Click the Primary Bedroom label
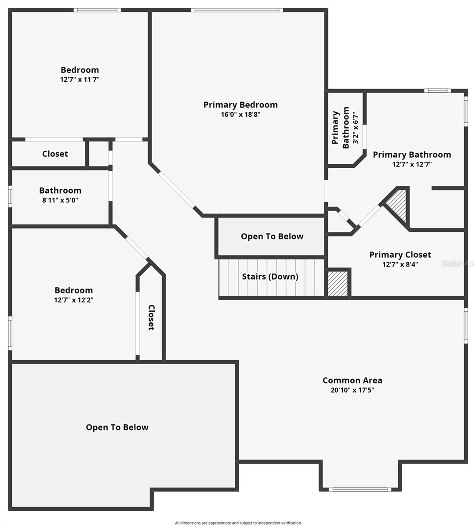tap(240, 105)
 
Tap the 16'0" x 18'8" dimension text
tap(240, 115)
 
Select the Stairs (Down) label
tap(270, 277)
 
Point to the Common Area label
tap(352, 380)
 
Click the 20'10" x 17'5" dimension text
tap(352, 390)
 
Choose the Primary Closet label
tap(400, 255)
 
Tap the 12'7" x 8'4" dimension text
tap(400, 264)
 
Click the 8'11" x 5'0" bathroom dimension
tap(60, 200)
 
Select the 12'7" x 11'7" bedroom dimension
tap(80, 79)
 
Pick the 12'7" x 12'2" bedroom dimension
tap(74, 300)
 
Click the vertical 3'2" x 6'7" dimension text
tap(356, 127)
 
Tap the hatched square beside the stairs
tap(338, 283)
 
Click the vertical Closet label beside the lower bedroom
tap(151, 317)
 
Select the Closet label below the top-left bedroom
tap(55, 154)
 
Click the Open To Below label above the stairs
tap(272, 236)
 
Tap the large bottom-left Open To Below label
tap(117, 427)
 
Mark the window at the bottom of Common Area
tap(360, 489)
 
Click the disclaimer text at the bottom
tap(238, 523)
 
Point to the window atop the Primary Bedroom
tap(237, 10)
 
